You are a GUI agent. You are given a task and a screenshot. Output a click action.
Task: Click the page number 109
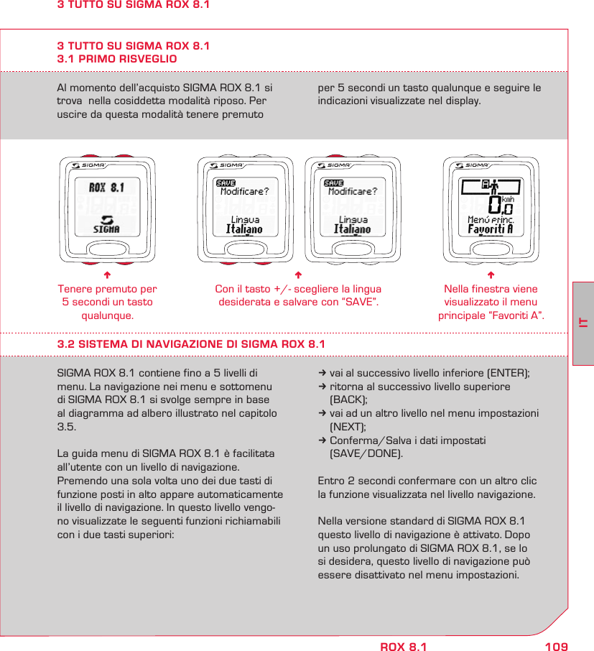pos(556,647)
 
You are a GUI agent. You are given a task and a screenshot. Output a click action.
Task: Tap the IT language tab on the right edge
pos(583,323)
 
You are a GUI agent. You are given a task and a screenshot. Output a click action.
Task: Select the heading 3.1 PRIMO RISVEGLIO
pos(117,58)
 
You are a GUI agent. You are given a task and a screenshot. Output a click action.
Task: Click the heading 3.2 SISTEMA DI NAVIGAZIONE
pos(191,343)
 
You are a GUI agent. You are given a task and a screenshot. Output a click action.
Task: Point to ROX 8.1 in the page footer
pos(403,647)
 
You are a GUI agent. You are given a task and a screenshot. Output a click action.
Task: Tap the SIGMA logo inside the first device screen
pos(106,224)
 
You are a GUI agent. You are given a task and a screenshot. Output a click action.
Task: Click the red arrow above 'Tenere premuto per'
pos(106,275)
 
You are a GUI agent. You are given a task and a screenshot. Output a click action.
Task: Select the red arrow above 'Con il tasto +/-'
pos(298,275)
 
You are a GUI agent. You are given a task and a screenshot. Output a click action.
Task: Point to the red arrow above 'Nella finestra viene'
pos(491,275)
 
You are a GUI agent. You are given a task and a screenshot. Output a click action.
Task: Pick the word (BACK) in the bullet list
pos(348,400)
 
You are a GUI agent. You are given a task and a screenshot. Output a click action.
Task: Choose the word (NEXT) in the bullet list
pos(348,426)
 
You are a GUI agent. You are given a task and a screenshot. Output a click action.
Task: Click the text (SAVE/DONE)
pos(366,453)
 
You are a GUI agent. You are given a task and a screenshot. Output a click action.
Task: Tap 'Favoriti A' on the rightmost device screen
pos(490,229)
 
